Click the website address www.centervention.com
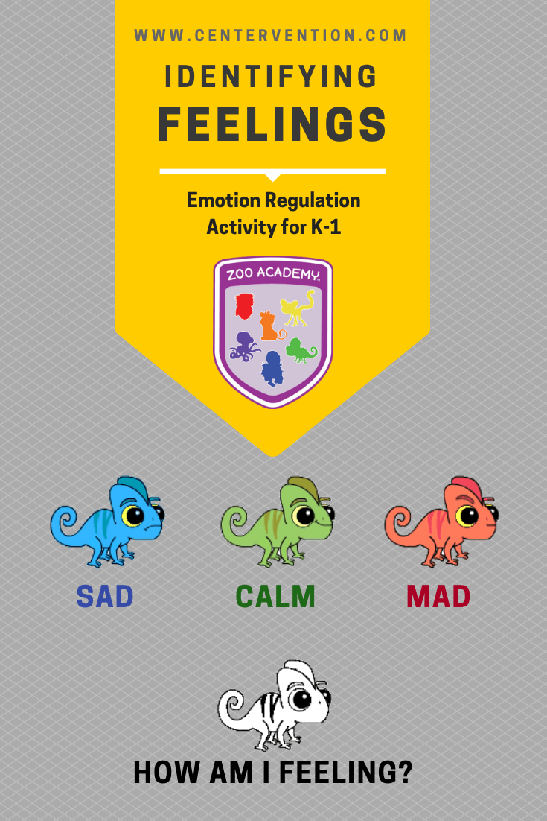click(x=270, y=36)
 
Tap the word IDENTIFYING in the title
click(x=271, y=77)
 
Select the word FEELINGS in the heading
click(x=272, y=124)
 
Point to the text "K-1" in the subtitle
click(x=326, y=227)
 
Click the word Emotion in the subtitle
click(x=224, y=200)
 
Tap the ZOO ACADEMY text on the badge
click(x=273, y=273)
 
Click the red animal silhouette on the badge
click(x=245, y=306)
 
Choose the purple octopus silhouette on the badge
click(x=243, y=346)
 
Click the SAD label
click(x=105, y=596)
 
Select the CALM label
click(x=275, y=596)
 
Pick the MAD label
click(x=438, y=596)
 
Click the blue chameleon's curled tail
click(x=65, y=524)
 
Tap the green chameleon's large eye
click(x=304, y=516)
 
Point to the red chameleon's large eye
click(x=467, y=516)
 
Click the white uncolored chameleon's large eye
click(x=301, y=699)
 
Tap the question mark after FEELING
click(x=404, y=773)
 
